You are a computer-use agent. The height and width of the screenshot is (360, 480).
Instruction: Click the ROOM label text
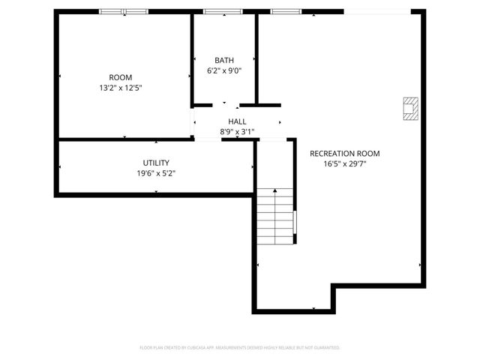tap(121, 77)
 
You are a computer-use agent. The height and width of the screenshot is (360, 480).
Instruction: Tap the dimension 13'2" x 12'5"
tap(121, 88)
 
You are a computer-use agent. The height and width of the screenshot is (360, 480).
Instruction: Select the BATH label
tap(223, 61)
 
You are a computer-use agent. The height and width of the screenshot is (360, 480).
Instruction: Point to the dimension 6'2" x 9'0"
tap(223, 71)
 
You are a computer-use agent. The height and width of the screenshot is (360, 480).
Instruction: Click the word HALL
tap(237, 121)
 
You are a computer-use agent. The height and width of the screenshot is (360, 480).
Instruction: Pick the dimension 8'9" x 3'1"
tap(237, 132)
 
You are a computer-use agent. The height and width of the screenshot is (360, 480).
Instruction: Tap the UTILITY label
tap(156, 163)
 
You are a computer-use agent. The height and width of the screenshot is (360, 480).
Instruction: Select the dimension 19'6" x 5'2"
tap(156, 173)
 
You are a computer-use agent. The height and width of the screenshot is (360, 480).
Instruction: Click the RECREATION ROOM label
tap(345, 153)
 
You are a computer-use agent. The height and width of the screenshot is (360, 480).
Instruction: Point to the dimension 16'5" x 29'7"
tap(345, 163)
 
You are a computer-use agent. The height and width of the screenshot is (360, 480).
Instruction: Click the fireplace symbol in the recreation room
tap(410, 109)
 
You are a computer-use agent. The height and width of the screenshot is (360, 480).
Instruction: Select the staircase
tap(275, 217)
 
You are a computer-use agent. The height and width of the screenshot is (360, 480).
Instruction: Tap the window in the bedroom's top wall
tap(124, 11)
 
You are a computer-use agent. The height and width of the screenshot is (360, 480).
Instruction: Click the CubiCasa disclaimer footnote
tap(240, 348)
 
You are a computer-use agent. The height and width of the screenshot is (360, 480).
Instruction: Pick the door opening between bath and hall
tap(225, 105)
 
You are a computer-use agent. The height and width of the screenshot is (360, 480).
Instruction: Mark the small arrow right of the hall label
tap(280, 122)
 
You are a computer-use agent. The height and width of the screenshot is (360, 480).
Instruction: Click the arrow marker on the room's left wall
tap(59, 77)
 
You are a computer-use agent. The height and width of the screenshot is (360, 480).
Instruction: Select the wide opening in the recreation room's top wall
tap(377, 11)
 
